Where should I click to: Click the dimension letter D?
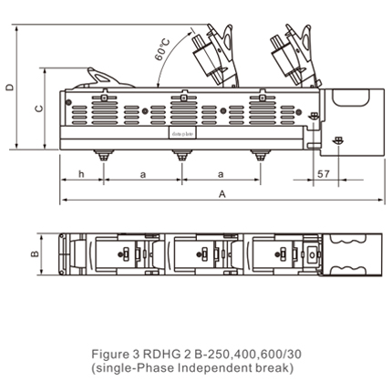click(10, 88)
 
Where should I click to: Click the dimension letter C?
click(37, 108)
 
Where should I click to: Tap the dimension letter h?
click(81, 173)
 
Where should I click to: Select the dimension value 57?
click(323, 173)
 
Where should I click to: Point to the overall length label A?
click(222, 194)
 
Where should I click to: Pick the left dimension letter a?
click(142, 173)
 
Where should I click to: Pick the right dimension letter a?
click(222, 173)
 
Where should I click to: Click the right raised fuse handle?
click(290, 55)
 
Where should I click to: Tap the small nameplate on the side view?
click(182, 133)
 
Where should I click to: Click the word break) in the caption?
click(273, 367)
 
